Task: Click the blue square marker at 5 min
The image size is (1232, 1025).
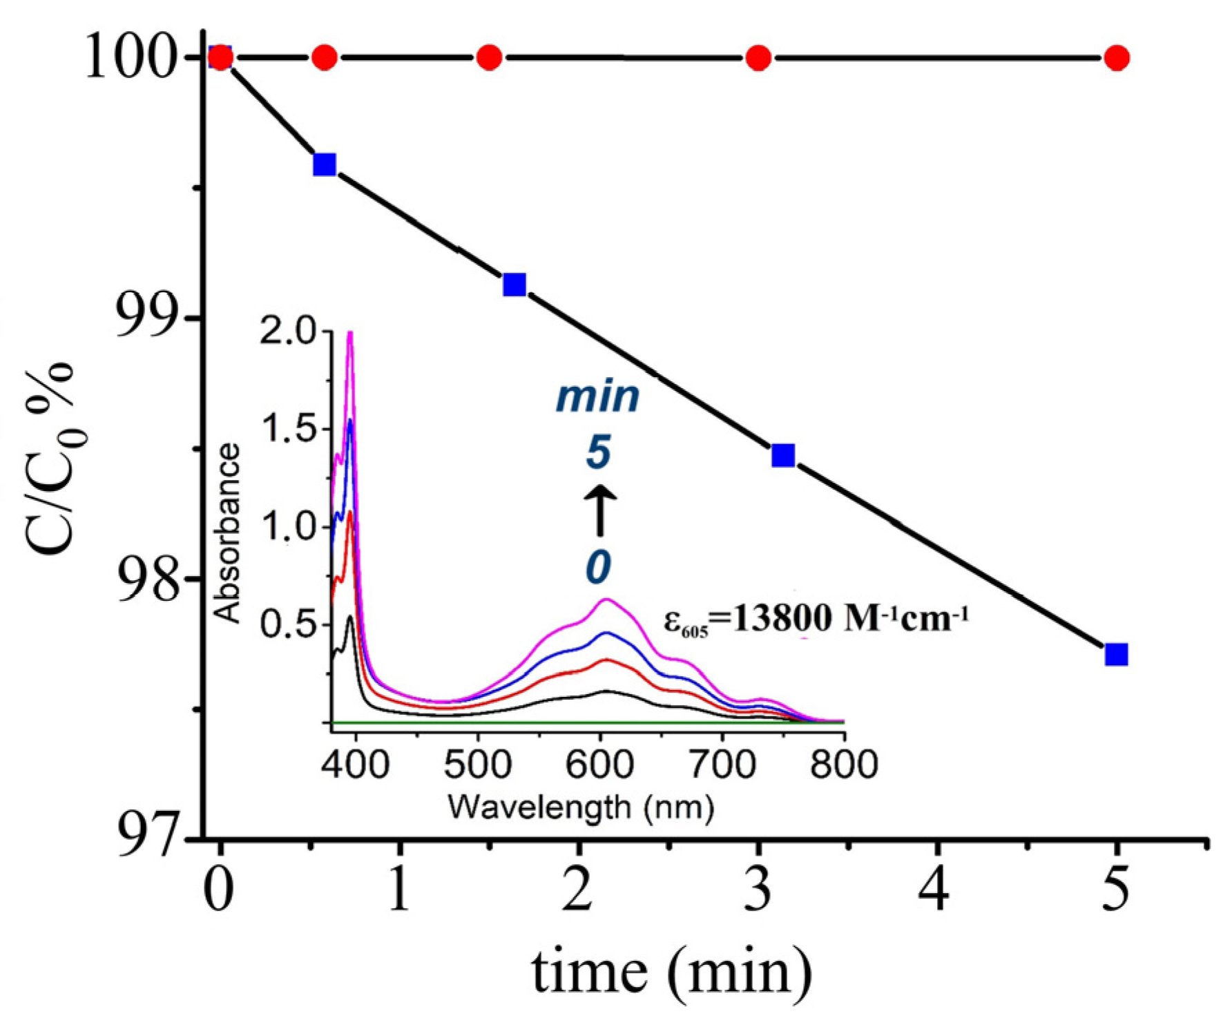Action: click(1117, 654)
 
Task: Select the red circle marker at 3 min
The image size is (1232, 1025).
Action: click(758, 58)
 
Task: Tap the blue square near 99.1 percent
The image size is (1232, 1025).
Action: click(514, 284)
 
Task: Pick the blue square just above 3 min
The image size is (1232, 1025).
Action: click(783, 455)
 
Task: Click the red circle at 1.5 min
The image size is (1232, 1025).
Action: click(489, 57)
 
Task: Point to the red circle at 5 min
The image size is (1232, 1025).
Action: click(1117, 58)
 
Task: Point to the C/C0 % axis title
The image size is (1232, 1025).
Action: click(50, 456)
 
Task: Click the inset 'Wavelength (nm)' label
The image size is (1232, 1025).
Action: click(580, 807)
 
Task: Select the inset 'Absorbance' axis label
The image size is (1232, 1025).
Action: click(228, 533)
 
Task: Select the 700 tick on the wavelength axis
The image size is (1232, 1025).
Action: click(722, 765)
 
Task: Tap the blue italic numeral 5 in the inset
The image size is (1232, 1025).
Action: click(599, 454)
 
